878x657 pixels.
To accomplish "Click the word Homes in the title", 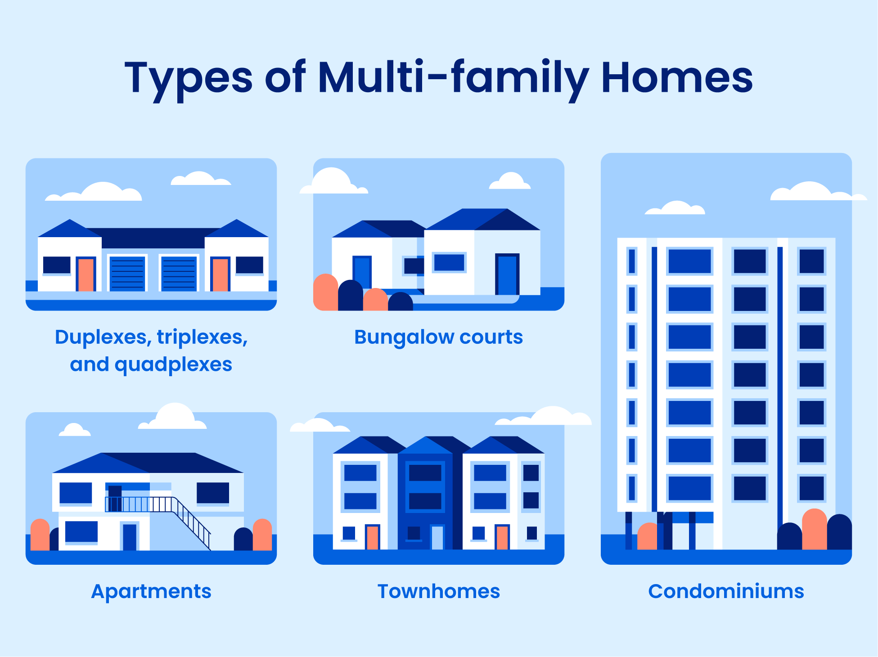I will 676,78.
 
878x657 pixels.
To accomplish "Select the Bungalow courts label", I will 438,337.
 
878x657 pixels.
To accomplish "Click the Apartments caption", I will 151,591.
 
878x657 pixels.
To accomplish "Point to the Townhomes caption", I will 438,591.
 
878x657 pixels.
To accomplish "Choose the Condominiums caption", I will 726,591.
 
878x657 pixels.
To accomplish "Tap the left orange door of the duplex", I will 86,274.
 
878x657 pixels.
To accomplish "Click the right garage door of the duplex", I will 179,274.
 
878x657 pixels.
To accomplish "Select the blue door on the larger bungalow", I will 507,275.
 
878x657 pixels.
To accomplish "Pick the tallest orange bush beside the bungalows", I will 325,292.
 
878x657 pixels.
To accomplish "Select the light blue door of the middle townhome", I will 437,537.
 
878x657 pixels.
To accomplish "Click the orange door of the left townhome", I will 372,537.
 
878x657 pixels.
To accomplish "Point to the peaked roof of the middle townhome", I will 426,445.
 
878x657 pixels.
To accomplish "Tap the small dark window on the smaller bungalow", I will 414,266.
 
